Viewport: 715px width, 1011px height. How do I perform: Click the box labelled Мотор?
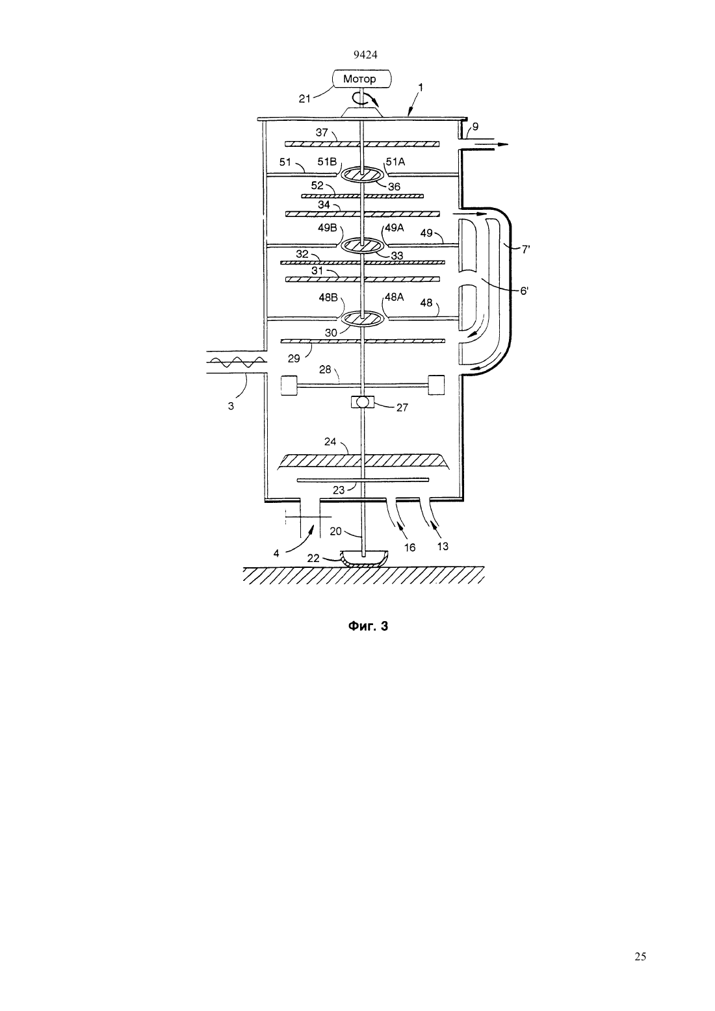(x=361, y=79)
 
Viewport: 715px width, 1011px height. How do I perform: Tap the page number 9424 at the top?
(x=365, y=55)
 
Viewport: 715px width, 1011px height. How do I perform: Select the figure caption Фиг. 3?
(x=368, y=626)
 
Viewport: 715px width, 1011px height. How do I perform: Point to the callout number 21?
(x=305, y=99)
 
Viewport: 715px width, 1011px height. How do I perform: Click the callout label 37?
(x=321, y=133)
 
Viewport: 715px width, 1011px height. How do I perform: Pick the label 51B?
(x=327, y=161)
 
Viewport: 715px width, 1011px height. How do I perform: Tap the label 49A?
(x=394, y=228)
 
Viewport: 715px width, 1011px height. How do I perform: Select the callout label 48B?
(x=328, y=298)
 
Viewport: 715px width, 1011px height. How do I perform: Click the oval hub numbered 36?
(x=363, y=175)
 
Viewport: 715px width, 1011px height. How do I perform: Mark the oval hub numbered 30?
(x=363, y=318)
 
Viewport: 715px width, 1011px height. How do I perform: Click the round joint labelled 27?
(x=363, y=402)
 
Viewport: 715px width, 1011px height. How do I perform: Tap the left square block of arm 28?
(x=289, y=385)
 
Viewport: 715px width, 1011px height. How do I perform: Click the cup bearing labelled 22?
(x=363, y=559)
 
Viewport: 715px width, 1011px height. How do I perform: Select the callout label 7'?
(x=525, y=249)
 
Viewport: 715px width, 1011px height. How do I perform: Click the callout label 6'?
(x=524, y=291)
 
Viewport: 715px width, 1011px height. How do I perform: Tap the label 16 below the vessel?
(x=409, y=548)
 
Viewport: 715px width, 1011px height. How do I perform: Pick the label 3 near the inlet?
(x=231, y=406)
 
